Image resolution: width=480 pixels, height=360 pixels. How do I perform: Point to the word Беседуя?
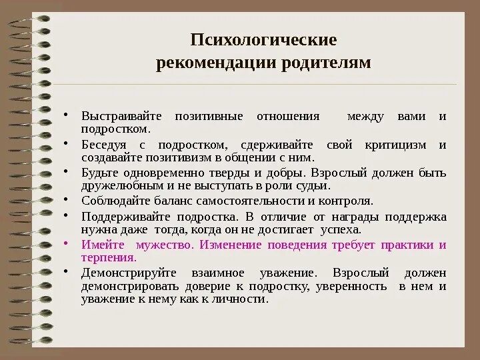tap(102, 145)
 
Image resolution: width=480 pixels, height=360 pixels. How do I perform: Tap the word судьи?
tap(315, 187)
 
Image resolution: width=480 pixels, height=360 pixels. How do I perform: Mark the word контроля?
tap(345, 201)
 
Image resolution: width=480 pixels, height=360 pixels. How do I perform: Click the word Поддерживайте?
tap(121, 217)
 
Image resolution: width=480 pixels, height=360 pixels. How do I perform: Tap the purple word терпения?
tap(107, 257)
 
